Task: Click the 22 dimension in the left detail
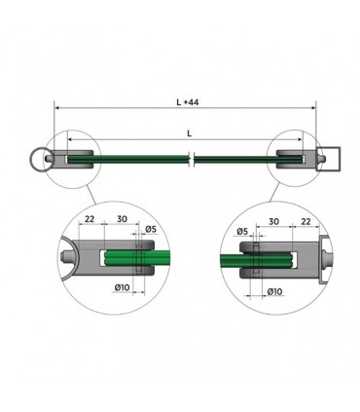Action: pyautogui.click(x=90, y=220)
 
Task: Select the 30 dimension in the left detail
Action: pyautogui.click(x=122, y=220)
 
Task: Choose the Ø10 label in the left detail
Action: pyautogui.click(x=124, y=288)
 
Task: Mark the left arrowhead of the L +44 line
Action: pyautogui.click(x=56, y=108)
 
